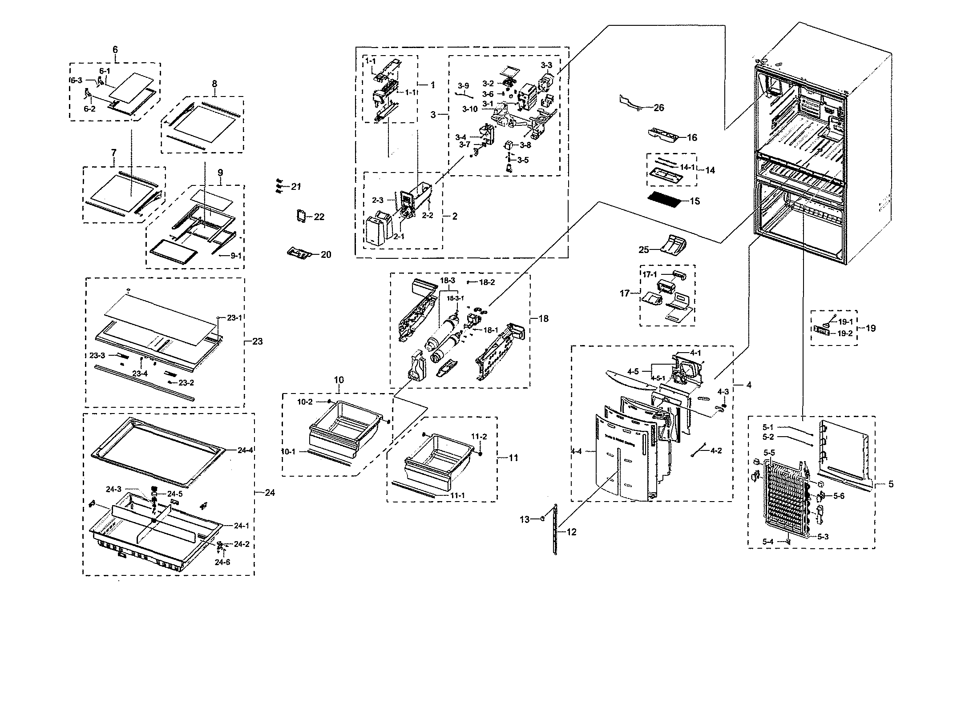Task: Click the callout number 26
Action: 658,108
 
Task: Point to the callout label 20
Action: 326,254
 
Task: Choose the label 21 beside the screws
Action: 296,187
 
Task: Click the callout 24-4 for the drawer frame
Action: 245,450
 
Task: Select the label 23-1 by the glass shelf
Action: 234,318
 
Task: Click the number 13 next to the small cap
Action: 525,519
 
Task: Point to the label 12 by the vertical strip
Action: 571,532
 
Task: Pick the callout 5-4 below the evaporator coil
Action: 768,542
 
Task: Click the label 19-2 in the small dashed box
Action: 844,333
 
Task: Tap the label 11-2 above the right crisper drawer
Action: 479,437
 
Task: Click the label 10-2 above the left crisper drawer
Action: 305,402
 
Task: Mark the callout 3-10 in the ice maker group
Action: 469,109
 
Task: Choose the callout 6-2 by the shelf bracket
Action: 89,108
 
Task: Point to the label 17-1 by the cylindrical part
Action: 650,275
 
